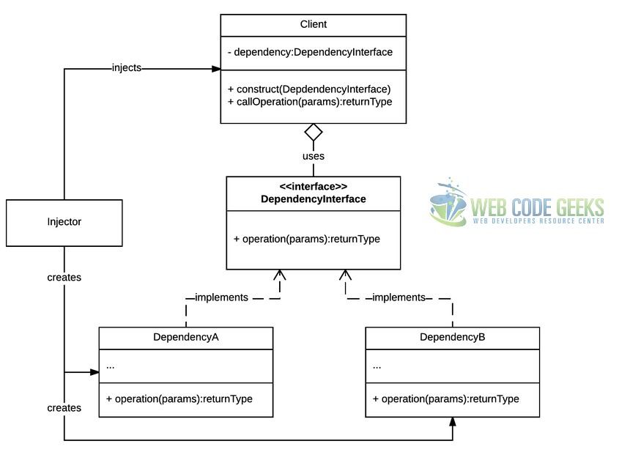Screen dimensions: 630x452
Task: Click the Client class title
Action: [x=314, y=24]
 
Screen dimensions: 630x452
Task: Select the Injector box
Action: [x=64, y=223]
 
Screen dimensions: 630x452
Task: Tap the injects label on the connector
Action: [x=127, y=68]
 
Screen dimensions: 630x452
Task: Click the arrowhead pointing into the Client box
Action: [x=216, y=69]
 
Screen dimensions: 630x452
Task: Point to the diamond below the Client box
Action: [x=314, y=132]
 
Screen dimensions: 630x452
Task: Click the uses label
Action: [x=314, y=156]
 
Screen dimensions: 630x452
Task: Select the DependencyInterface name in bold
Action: [x=314, y=199]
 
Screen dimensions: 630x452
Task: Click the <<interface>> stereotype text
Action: [x=314, y=187]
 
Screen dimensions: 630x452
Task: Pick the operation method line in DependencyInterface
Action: [x=307, y=239]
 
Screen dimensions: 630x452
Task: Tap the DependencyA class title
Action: [x=186, y=337]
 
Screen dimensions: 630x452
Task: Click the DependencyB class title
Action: [x=453, y=337]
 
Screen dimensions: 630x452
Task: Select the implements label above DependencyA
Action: [x=221, y=297]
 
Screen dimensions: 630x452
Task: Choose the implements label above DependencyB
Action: [x=399, y=297]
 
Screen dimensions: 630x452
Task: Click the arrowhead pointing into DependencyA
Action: [x=94, y=372]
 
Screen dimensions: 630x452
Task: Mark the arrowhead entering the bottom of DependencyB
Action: [x=453, y=421]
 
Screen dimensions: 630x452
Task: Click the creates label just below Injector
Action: [x=64, y=277]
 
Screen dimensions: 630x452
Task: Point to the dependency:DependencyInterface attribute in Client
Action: [x=310, y=52]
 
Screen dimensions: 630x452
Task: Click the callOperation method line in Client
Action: [x=310, y=102]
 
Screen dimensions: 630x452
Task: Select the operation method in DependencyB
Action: [x=446, y=399]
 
